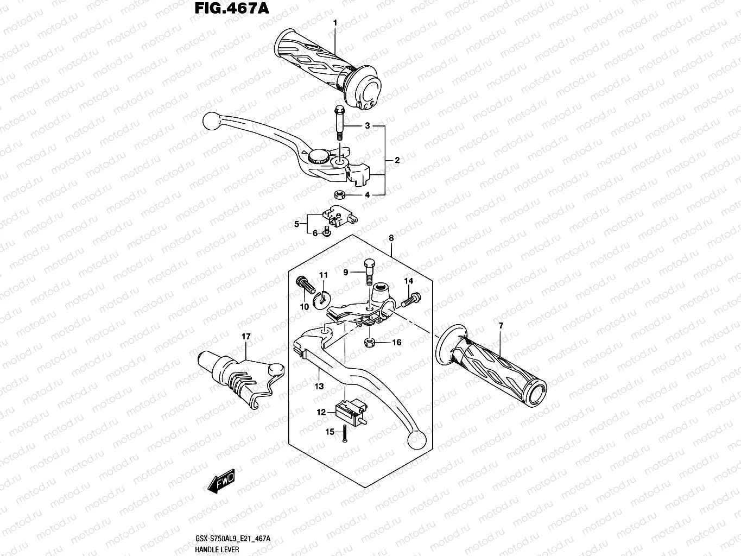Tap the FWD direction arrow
coord(220,481)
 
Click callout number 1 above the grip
coord(335,23)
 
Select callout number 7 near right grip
coord(501,325)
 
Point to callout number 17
coord(246,337)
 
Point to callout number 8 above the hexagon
coord(391,238)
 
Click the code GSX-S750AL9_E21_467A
coord(233,539)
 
